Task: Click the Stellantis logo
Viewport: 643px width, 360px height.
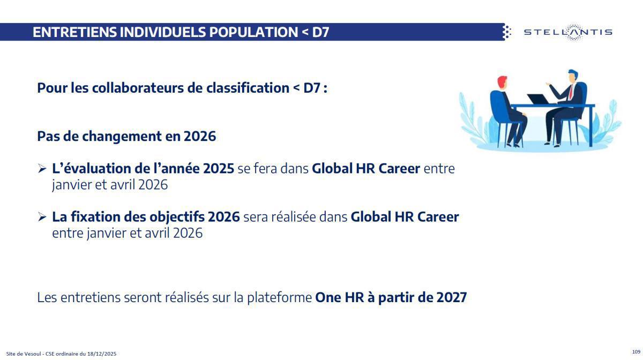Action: coord(567,32)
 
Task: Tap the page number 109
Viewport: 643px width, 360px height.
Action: coord(636,351)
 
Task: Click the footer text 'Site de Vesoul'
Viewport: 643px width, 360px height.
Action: coord(21,354)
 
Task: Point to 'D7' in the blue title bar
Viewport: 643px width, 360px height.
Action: coord(320,32)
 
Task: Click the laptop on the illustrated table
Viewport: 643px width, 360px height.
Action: coord(539,99)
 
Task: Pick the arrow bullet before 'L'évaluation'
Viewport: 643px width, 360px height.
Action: coord(42,169)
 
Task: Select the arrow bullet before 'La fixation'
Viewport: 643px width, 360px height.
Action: coord(42,217)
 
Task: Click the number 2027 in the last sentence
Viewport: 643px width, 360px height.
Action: coord(451,297)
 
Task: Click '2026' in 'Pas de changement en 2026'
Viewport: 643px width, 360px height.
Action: coord(199,136)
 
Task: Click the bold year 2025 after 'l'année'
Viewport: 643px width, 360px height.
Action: coord(219,169)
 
